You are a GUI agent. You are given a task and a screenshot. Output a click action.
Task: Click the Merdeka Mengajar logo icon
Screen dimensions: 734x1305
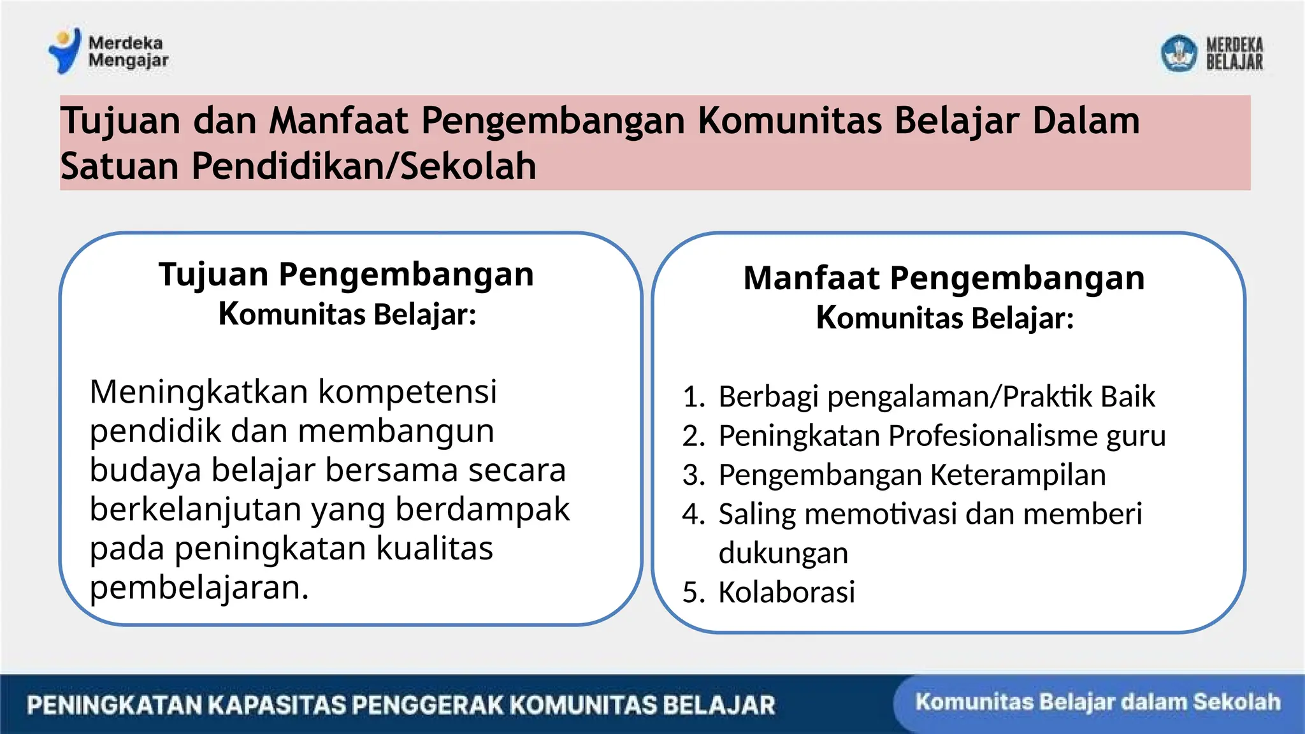point(65,50)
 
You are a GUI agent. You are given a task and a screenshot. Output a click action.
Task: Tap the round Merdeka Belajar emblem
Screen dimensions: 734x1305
point(1178,54)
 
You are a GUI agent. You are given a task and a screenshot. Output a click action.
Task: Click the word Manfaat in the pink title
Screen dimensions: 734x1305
point(338,120)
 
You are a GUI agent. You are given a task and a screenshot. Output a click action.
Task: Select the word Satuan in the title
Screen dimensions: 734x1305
point(119,166)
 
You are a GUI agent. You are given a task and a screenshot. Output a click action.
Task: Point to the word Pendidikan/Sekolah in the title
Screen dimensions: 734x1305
point(363,166)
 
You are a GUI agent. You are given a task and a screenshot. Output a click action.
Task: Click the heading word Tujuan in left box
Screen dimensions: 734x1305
point(213,275)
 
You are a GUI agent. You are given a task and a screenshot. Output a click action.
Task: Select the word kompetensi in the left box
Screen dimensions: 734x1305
point(407,392)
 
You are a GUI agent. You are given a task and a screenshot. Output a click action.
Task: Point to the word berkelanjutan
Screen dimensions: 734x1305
point(195,510)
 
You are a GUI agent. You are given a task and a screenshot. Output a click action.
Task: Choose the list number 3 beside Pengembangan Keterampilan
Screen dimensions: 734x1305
point(692,475)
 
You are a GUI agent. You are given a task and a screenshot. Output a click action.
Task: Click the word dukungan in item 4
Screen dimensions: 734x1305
point(783,554)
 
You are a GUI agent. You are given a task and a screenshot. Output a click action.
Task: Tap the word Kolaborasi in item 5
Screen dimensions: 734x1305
point(786,593)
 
